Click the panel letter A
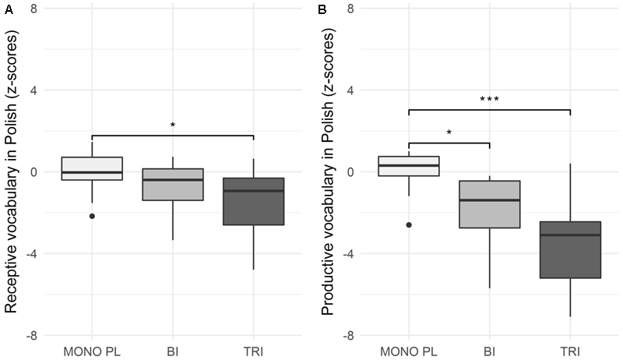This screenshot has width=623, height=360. (6, 9)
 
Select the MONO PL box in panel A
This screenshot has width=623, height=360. (92, 168)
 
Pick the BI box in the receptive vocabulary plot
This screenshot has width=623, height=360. (172, 185)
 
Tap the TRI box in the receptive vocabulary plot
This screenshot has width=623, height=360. (252, 201)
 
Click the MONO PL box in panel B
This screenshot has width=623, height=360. (409, 166)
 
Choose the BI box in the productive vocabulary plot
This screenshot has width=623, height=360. (489, 204)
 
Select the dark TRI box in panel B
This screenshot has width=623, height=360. (569, 249)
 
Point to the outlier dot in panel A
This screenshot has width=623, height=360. (92, 216)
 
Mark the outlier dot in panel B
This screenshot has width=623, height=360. (409, 224)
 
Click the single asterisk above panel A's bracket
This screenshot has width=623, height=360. (172, 125)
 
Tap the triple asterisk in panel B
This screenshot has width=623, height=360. (489, 100)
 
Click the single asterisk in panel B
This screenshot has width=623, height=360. (449, 133)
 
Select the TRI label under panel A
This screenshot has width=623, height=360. (252, 351)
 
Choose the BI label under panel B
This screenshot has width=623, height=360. (489, 351)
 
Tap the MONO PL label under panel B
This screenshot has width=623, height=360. (409, 351)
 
